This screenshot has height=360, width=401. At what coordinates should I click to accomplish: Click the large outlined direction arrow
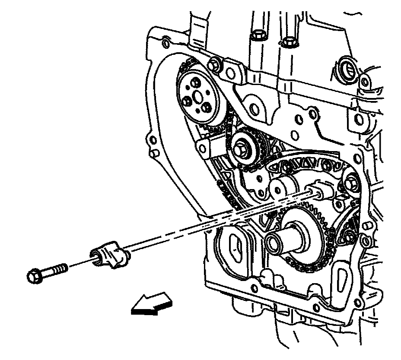point(152,302)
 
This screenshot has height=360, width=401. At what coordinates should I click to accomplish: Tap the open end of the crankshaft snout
point(274,242)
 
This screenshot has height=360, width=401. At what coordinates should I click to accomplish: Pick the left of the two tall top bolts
point(258,35)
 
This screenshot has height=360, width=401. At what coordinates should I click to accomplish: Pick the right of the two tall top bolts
point(288,41)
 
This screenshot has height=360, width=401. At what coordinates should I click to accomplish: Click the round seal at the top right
point(346,67)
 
